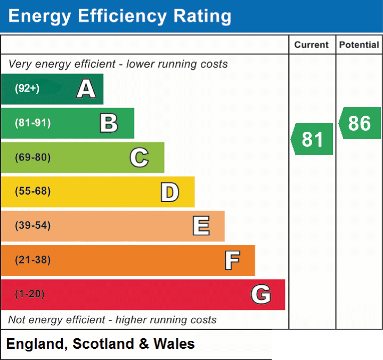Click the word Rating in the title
(x=202, y=16)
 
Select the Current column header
(x=312, y=45)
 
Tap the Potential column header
(x=359, y=45)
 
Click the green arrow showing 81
(x=312, y=139)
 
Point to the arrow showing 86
(x=360, y=123)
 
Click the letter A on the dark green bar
(x=86, y=89)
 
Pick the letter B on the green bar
(x=109, y=123)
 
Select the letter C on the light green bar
(x=139, y=157)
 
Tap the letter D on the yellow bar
(x=170, y=192)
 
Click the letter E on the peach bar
(x=201, y=226)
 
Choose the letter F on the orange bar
(x=232, y=260)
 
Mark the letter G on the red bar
(x=261, y=294)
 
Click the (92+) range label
(x=27, y=88)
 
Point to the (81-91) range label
(x=32, y=123)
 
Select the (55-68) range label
(x=32, y=191)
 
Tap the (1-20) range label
(x=30, y=294)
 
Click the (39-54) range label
(x=32, y=225)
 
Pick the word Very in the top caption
(x=20, y=64)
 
